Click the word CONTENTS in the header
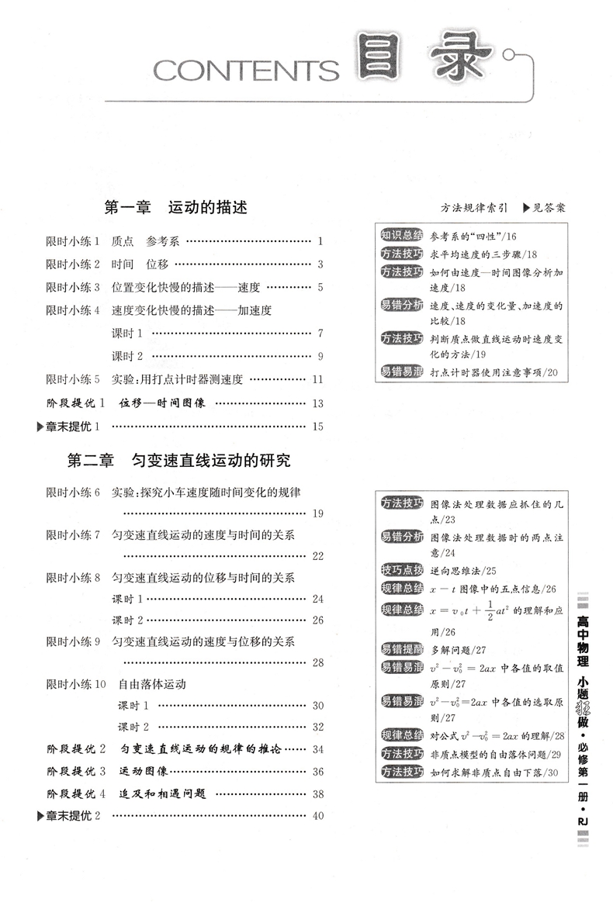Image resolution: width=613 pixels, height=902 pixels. coord(246,71)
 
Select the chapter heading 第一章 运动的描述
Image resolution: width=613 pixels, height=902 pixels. coord(175,208)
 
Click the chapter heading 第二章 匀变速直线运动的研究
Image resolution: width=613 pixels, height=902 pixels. coord(179,460)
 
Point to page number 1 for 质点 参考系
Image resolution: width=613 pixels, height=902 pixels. coord(320,241)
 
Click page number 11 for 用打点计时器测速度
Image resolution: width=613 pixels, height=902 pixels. coord(317,380)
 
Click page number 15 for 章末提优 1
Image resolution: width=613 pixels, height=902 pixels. coord(317,427)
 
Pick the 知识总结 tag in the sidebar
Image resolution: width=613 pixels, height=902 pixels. coord(401,235)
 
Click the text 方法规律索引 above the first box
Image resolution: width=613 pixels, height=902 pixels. coord(475,209)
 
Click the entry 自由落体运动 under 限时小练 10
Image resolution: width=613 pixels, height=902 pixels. coord(152,685)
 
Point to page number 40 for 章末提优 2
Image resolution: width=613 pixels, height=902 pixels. coord(317,816)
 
